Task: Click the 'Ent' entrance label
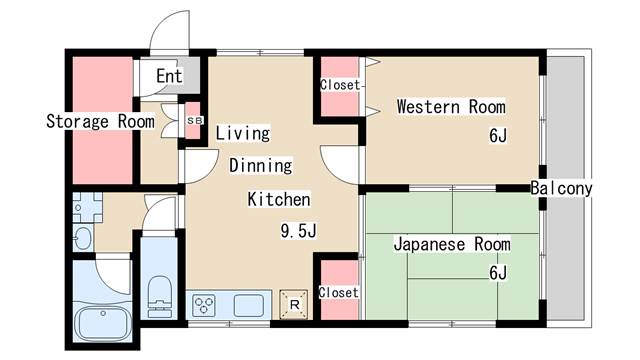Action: coord(169,76)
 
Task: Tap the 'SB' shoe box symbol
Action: coord(195,121)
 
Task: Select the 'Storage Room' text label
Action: coord(100,122)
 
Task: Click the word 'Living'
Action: coord(243,132)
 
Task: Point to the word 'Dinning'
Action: coord(260,165)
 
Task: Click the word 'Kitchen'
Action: coord(279,199)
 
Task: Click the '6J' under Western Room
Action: coord(497,136)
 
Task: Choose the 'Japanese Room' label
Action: coord(451,244)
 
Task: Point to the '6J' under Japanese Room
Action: coord(497,273)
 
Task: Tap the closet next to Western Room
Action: coord(339,86)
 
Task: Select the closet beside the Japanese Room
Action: coord(338,292)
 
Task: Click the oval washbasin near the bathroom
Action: coord(82,237)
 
